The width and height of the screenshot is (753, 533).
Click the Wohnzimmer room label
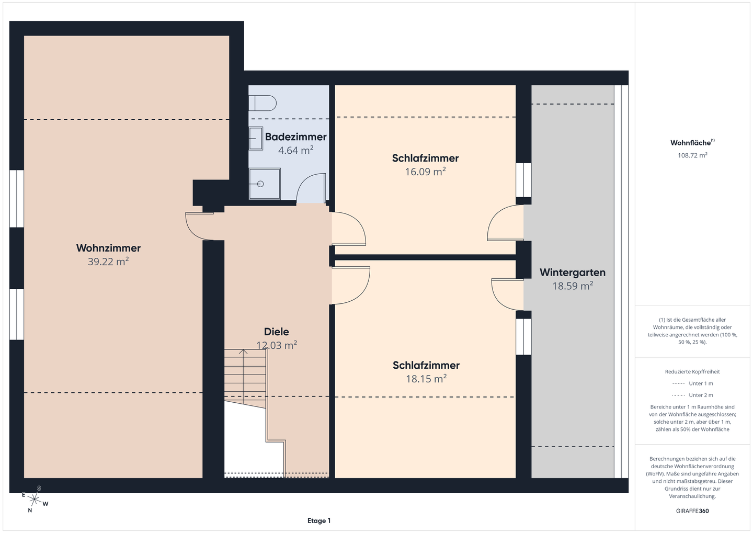tap(108, 248)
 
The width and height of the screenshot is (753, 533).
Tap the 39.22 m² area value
tap(108, 262)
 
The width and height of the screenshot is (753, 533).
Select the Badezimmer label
tap(296, 137)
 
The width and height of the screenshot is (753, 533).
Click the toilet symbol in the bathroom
tap(263, 103)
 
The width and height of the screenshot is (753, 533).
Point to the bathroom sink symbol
tap(256, 138)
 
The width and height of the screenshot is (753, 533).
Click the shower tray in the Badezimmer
tap(265, 184)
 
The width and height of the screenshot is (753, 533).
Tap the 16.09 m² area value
tap(425, 172)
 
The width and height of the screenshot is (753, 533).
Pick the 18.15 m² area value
tap(426, 379)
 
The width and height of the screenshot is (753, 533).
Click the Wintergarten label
tap(573, 272)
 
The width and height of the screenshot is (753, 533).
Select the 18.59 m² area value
tap(573, 286)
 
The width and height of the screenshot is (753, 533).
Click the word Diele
tap(276, 332)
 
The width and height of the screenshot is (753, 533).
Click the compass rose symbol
tap(35, 499)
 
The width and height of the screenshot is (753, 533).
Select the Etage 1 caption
tap(319, 520)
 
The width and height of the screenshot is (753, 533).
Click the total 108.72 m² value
tap(692, 155)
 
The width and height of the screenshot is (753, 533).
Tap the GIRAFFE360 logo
tap(692, 511)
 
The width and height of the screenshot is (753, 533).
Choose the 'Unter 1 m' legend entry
tap(692, 383)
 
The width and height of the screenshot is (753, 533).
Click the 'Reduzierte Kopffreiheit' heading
tap(692, 371)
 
